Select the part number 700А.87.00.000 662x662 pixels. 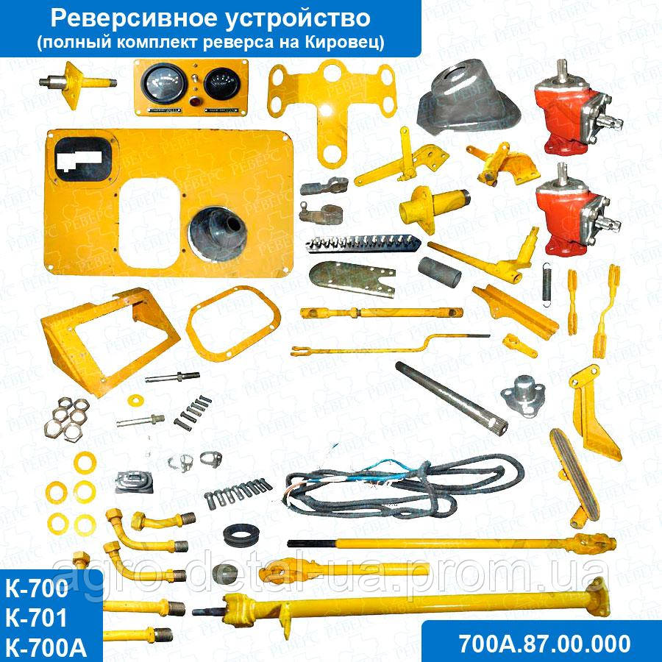(544, 642)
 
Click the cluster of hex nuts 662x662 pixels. (66, 420)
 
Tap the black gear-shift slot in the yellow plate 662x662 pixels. (82, 157)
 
